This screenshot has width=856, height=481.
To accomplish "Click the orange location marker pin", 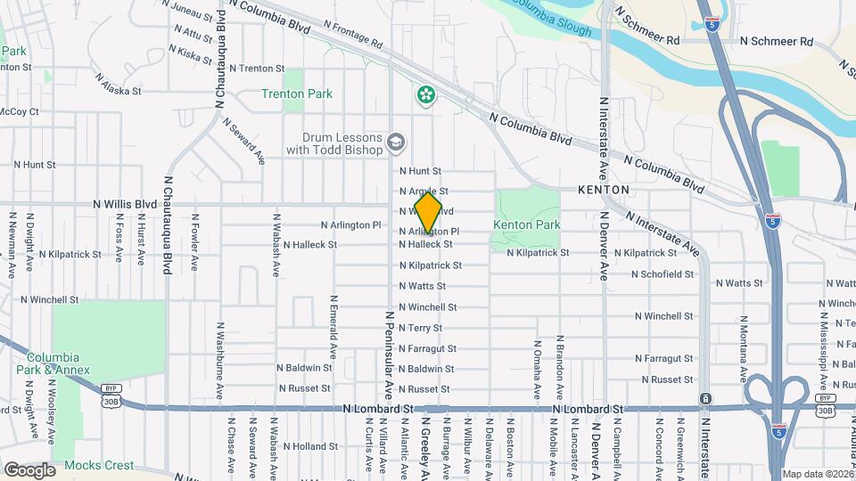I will coord(428,214).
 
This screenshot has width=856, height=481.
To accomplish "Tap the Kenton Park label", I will coord(526,224).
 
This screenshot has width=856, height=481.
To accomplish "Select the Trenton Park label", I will coord(297,94).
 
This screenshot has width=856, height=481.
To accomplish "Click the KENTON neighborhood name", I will coord(604,191).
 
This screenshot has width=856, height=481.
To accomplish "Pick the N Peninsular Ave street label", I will coord(389,354).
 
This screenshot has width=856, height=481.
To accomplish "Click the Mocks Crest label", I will coord(98,465).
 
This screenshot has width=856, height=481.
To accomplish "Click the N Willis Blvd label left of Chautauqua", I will coord(124,204).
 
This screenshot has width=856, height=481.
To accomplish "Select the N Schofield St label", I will coord(663,274).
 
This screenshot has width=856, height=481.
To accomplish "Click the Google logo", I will coord(29,469).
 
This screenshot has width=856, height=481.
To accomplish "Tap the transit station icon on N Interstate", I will coord(705,398).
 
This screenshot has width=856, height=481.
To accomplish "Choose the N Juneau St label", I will coord(187,12).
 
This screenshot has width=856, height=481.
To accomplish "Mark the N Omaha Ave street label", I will coord(537,370).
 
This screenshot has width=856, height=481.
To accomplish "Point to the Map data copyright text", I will coord(817,474).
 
